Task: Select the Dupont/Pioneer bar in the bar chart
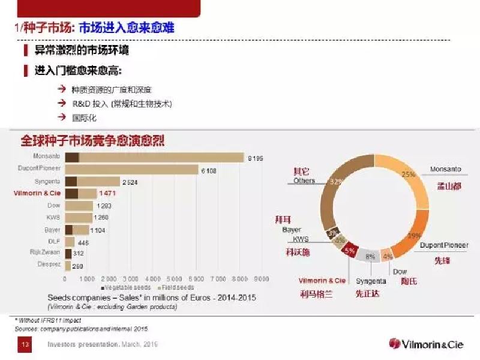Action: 132,170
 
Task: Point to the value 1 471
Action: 107,193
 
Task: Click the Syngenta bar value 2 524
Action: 129,181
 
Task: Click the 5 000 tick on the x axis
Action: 173,279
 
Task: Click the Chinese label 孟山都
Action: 449,187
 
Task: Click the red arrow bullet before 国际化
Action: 61,118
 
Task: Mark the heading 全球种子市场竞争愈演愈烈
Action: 93,141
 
